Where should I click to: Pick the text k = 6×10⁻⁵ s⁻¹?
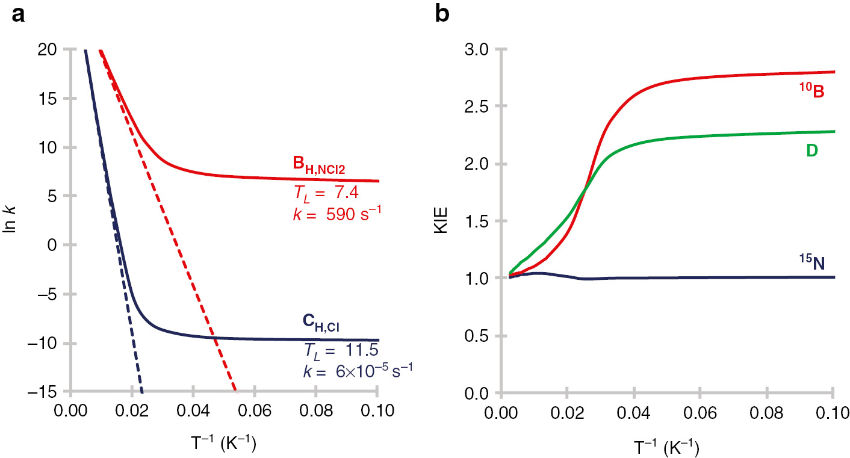coord(358,370)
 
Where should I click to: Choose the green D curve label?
coord(811,151)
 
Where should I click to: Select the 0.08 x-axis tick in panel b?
coord(767,413)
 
